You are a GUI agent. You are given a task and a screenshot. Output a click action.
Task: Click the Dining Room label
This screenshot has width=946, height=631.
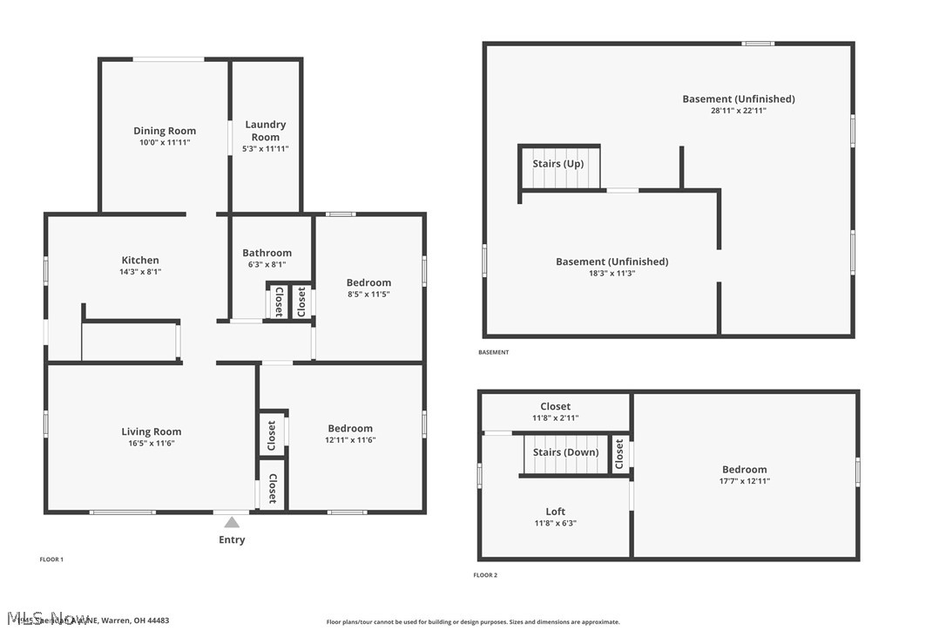[165, 131]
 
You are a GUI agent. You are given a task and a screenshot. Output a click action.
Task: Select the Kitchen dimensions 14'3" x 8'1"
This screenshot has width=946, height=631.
[140, 272]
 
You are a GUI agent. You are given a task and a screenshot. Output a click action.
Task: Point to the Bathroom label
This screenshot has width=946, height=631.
[267, 253]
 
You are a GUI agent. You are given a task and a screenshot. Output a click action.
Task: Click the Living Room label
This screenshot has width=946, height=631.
[151, 431]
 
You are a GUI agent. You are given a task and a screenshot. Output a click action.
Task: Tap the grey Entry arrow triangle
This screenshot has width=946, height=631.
[232, 523]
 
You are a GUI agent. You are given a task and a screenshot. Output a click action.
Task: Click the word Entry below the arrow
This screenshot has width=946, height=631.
[232, 540]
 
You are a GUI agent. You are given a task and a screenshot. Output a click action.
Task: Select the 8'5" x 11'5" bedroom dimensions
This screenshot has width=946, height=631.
[368, 295]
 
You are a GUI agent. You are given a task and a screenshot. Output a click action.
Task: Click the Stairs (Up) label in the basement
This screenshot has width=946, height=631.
[558, 164]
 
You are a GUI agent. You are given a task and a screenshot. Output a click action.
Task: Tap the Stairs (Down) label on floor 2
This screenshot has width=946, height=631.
[565, 452]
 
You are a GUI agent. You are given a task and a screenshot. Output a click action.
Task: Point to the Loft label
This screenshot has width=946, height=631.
[556, 512]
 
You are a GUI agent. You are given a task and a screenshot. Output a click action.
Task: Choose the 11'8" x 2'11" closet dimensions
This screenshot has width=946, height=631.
[556, 418]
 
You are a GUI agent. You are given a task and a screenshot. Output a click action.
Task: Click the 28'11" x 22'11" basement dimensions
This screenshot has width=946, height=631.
[738, 111]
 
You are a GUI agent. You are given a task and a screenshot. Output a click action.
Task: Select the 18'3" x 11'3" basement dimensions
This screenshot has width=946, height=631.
[612, 273]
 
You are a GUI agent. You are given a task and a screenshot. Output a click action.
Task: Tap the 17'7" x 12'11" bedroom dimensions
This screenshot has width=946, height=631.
[744, 481]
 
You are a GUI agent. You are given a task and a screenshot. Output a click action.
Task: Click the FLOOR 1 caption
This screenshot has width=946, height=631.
[51, 560]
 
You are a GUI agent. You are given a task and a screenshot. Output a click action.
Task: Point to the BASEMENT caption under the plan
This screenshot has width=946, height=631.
[493, 353]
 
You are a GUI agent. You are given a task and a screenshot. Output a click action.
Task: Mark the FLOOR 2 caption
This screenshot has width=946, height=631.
[485, 575]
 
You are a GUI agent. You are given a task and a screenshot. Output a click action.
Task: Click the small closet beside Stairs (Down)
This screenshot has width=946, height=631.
[619, 453]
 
